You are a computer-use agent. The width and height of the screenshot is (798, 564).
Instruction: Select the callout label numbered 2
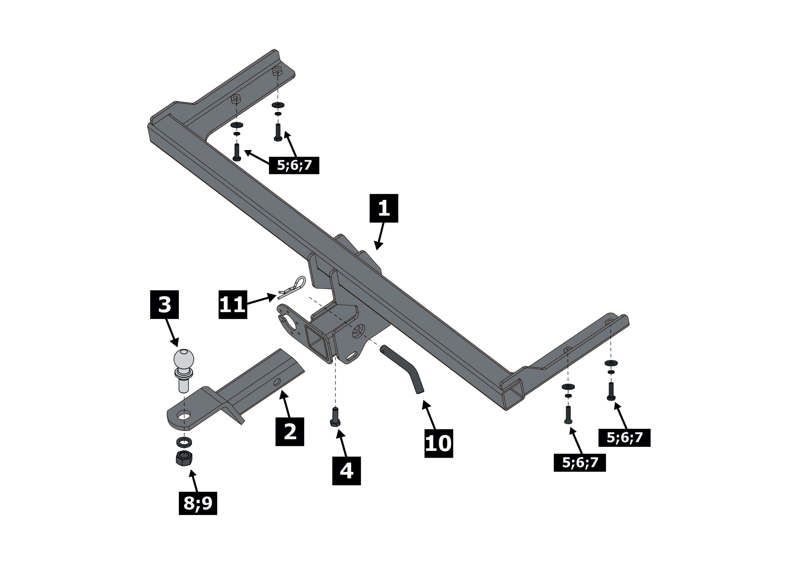290,432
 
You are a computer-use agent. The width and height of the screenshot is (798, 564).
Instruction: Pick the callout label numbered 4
346,471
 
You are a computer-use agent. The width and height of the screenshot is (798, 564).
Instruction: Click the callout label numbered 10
439,443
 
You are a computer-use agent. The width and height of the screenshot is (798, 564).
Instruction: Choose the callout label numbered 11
232,305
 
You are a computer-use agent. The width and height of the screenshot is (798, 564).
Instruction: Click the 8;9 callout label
198,503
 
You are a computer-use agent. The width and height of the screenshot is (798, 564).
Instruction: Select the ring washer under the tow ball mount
184,442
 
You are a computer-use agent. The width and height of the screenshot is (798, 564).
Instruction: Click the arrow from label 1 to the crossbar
380,236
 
